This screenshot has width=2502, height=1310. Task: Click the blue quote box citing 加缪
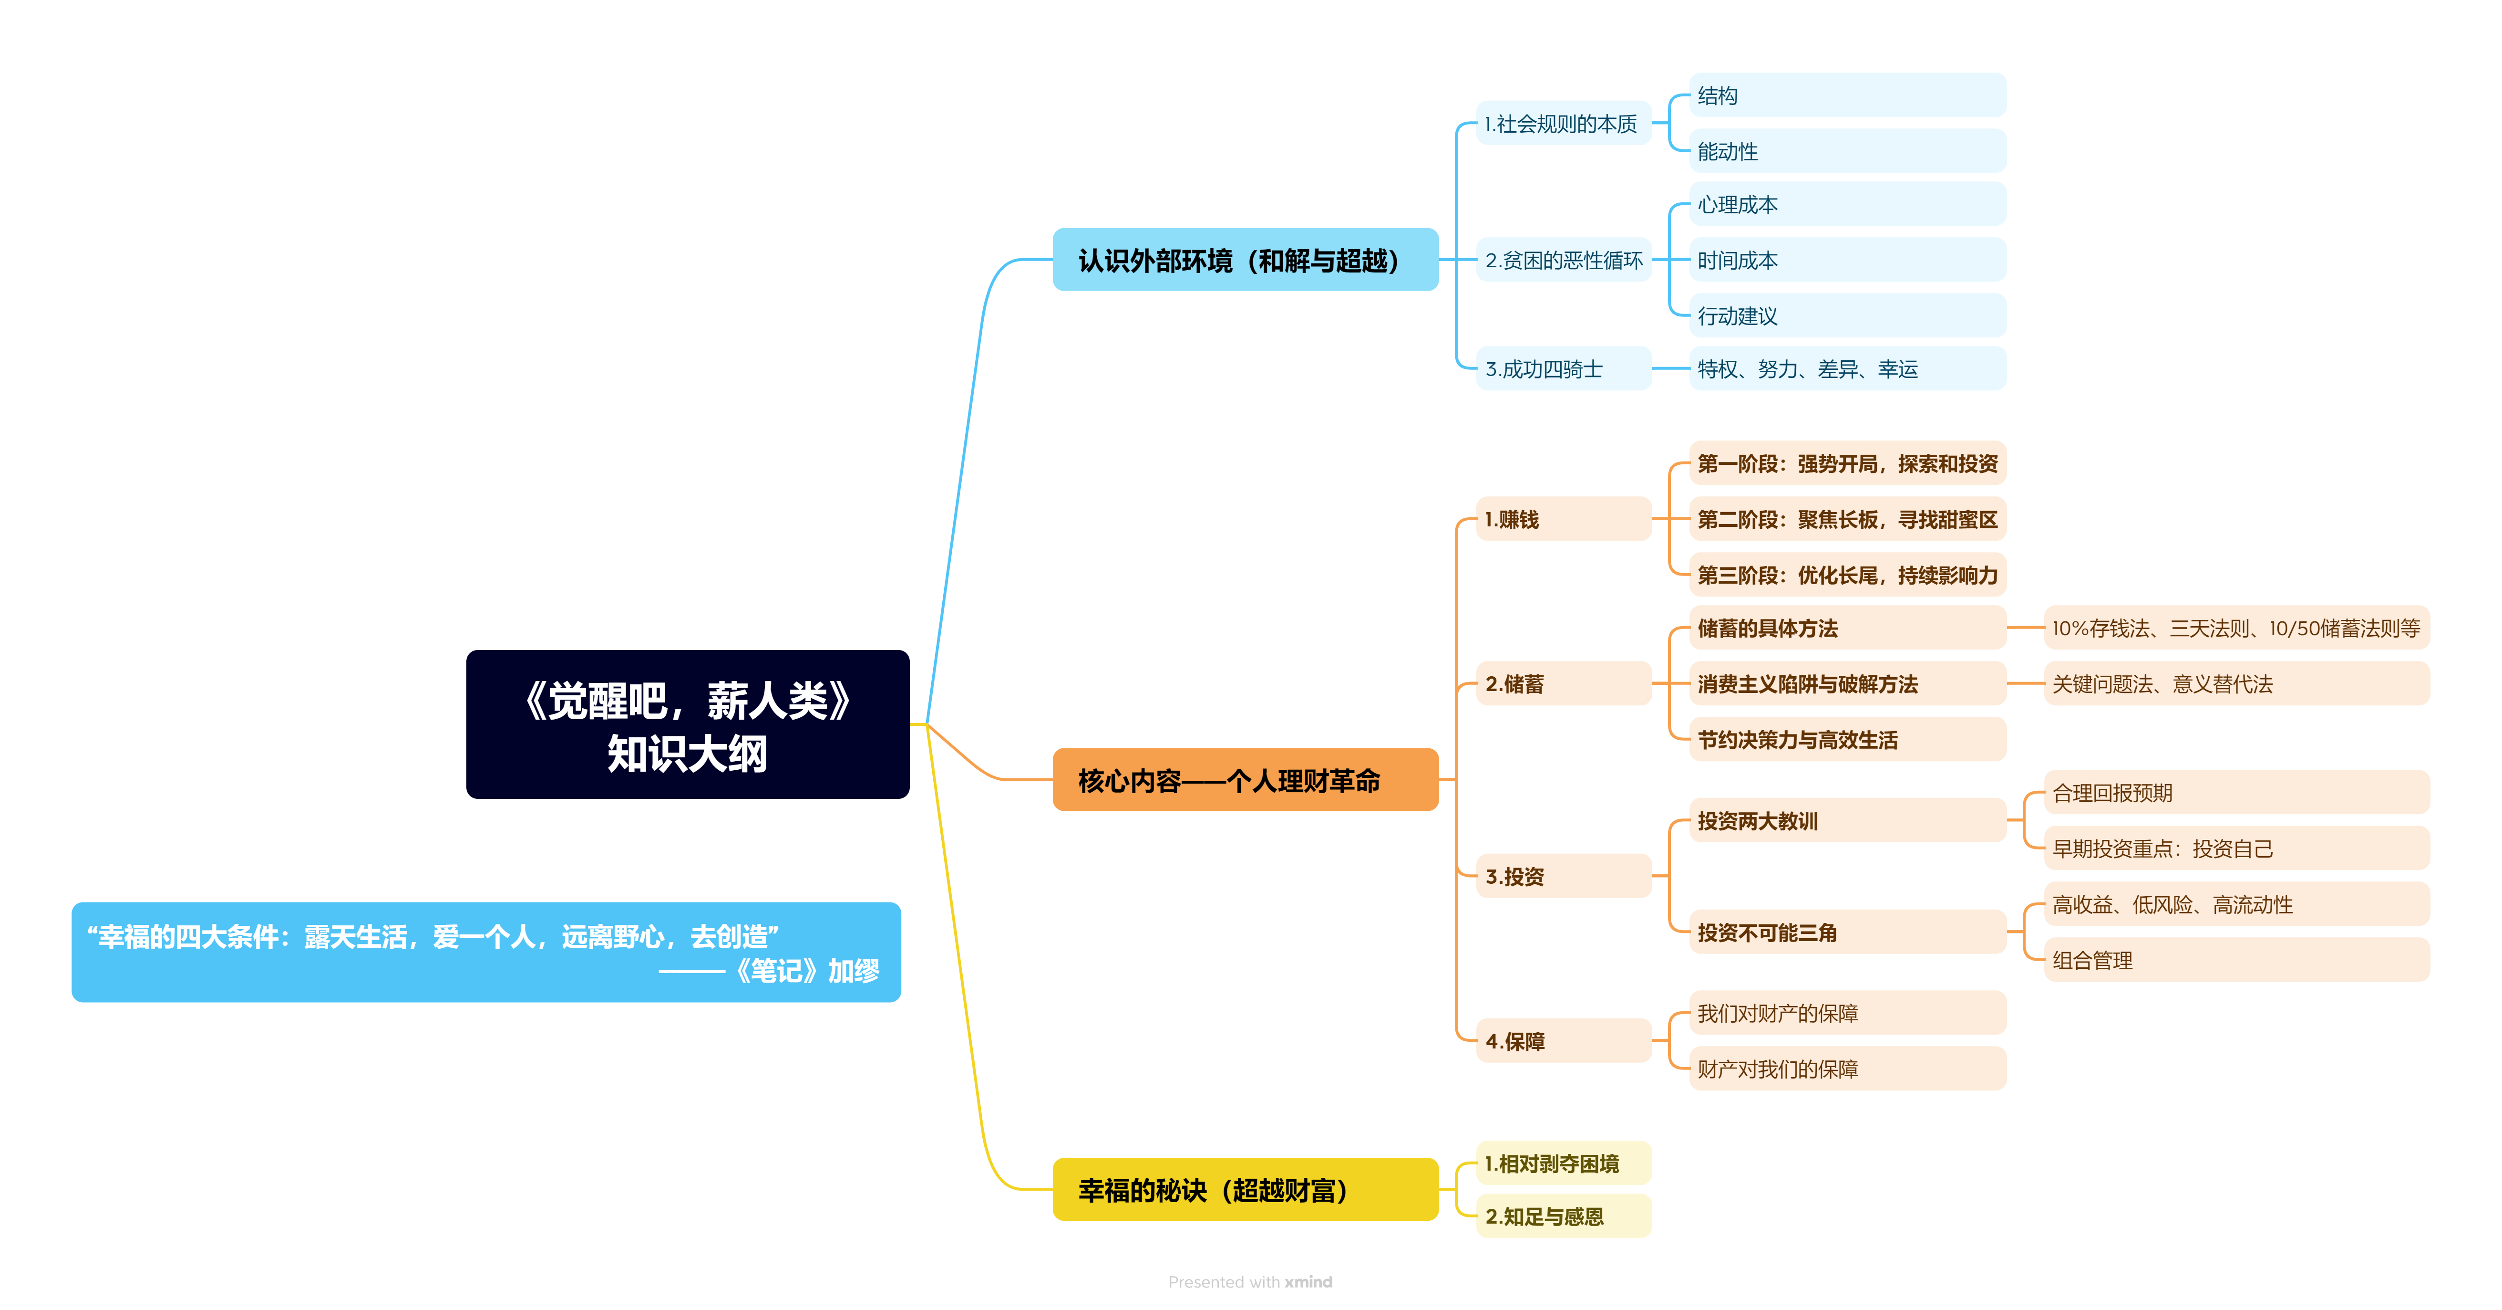click(x=485, y=953)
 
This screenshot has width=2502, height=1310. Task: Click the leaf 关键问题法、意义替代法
click(x=2236, y=684)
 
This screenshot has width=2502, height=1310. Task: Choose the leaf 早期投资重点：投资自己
click(x=2236, y=849)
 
